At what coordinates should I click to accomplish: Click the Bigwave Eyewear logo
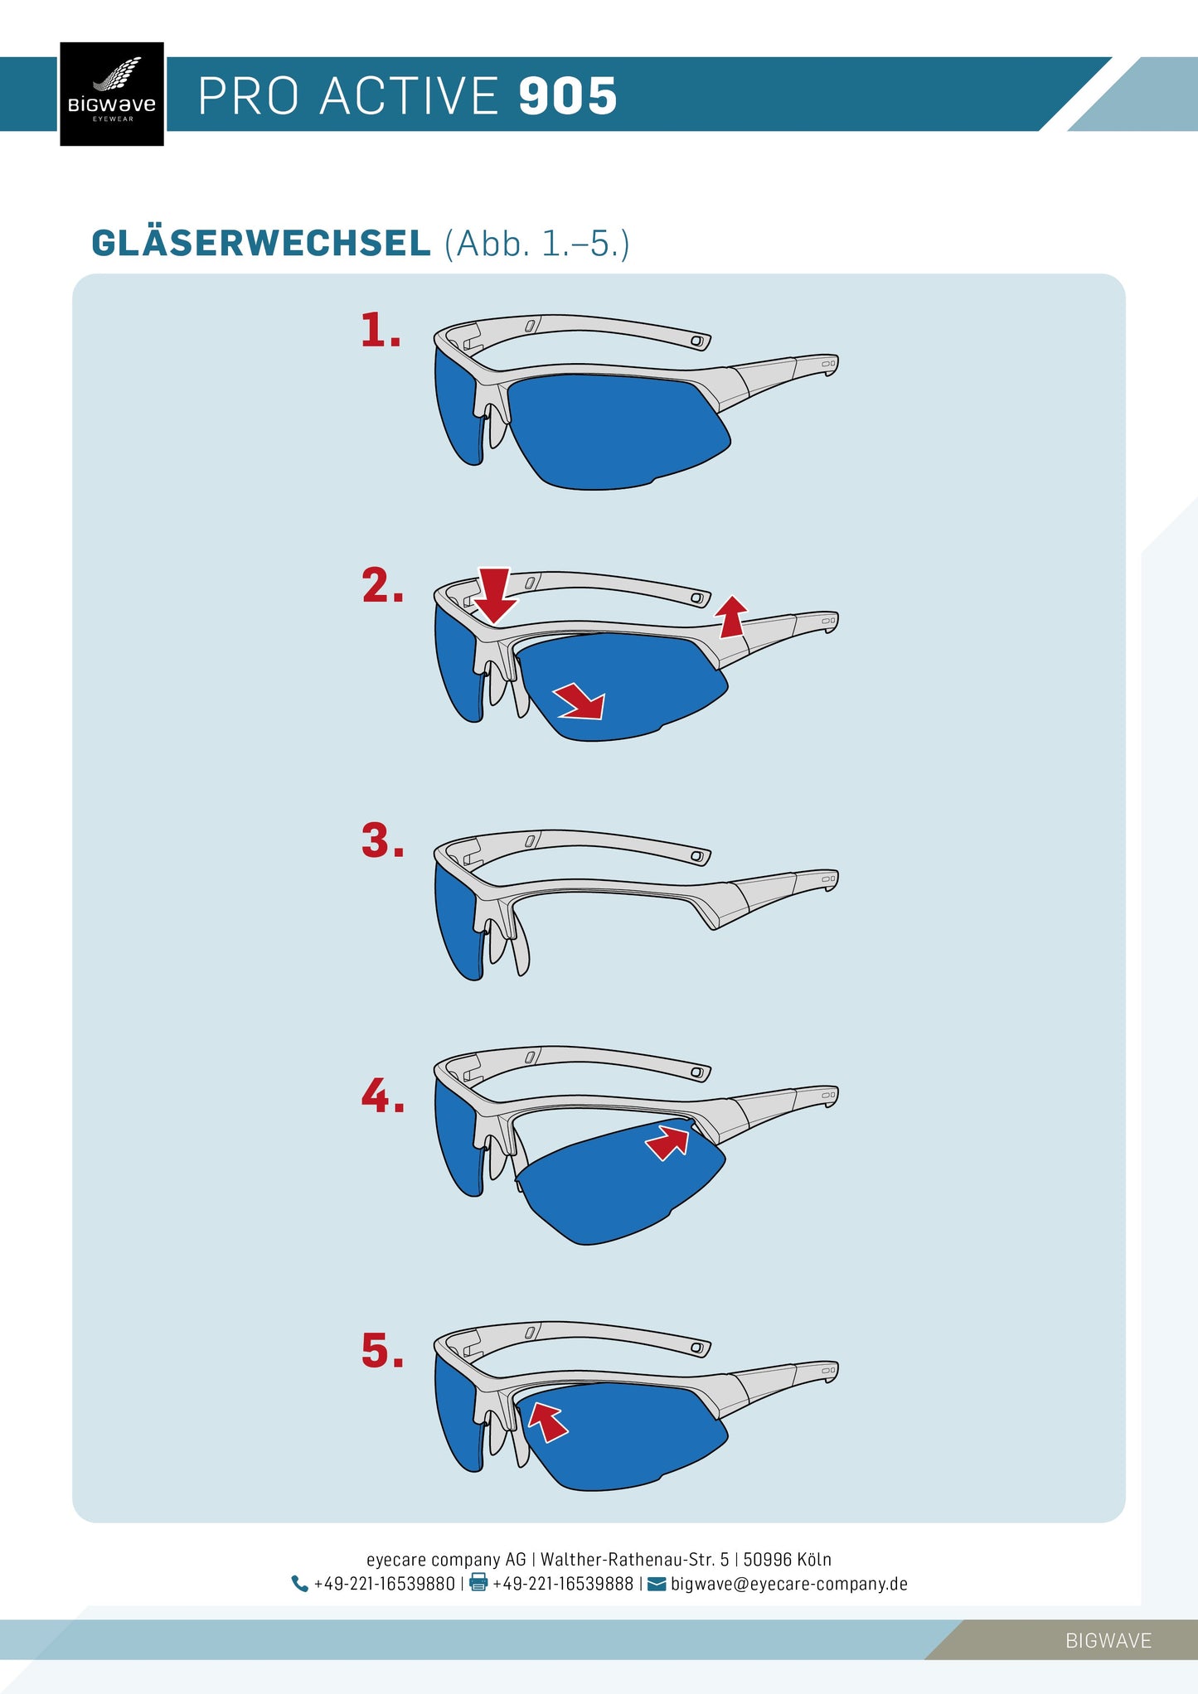tap(112, 94)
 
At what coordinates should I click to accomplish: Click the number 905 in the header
tap(568, 96)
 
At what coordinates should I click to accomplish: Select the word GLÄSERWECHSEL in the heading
tap(261, 243)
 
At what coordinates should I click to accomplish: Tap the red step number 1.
tap(381, 330)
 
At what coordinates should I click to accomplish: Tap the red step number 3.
tap(383, 840)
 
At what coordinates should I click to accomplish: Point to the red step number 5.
tap(383, 1350)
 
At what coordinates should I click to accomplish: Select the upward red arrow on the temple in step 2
tap(731, 617)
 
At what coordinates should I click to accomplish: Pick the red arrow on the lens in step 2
tap(581, 701)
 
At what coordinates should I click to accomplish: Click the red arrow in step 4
tap(668, 1142)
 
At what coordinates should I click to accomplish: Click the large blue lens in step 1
tap(618, 431)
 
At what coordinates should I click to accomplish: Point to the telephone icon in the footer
tap(299, 1584)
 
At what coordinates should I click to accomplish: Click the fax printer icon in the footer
tap(478, 1583)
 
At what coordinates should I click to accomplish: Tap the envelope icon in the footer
tap(657, 1584)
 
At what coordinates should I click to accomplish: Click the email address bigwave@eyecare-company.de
tap(789, 1584)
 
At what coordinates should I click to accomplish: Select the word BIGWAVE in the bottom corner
tap(1108, 1640)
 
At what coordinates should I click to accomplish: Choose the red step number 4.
tap(383, 1096)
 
